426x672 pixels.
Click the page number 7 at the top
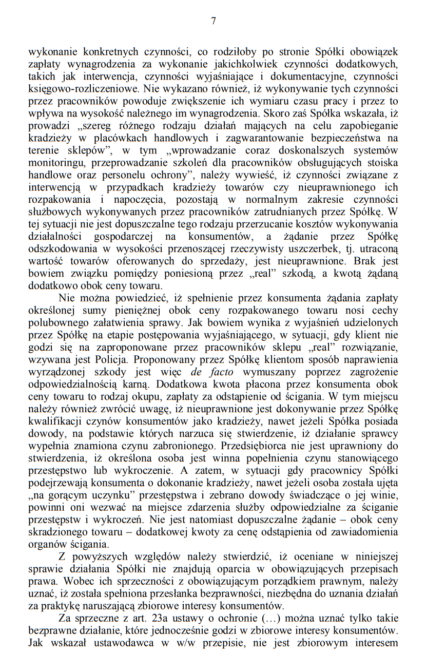point(213,21)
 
